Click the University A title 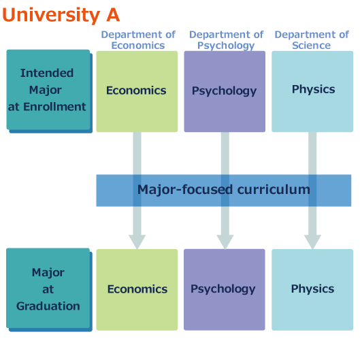tap(61, 15)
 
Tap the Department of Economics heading tap(138, 40)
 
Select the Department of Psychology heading tap(227, 40)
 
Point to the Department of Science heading tap(312, 40)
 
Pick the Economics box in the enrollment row tap(137, 91)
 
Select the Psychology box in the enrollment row tap(225, 91)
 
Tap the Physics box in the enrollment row tap(312, 91)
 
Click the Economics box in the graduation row tap(137, 290)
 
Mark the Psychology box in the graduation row tap(225, 290)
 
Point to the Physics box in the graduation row tap(312, 290)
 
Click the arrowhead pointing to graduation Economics tap(137, 242)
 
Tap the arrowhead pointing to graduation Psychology tap(225, 242)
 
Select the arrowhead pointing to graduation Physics tap(312, 242)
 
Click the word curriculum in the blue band tap(274, 190)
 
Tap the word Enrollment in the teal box tap(54, 107)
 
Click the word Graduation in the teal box tap(48, 306)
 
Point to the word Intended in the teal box tap(47, 73)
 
